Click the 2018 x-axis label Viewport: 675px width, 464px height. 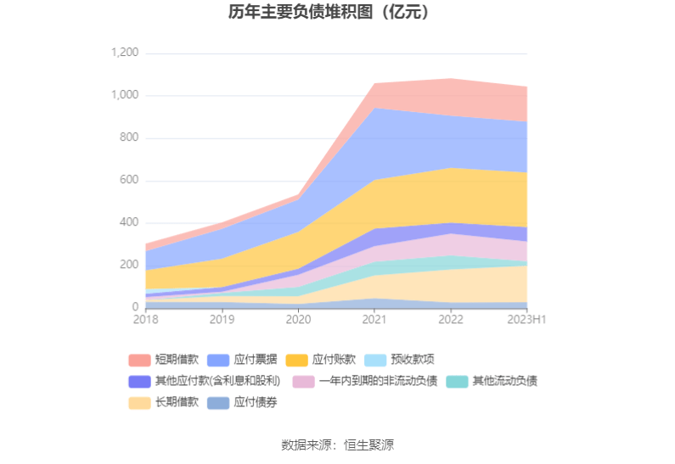click(x=146, y=320)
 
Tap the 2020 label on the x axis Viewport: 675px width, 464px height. click(x=298, y=320)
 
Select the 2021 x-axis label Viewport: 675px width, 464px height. click(x=374, y=320)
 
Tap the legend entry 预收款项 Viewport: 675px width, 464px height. click(x=412, y=360)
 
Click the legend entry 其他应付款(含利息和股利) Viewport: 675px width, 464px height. click(x=217, y=381)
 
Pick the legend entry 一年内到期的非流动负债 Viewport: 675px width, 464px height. click(x=376, y=381)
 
